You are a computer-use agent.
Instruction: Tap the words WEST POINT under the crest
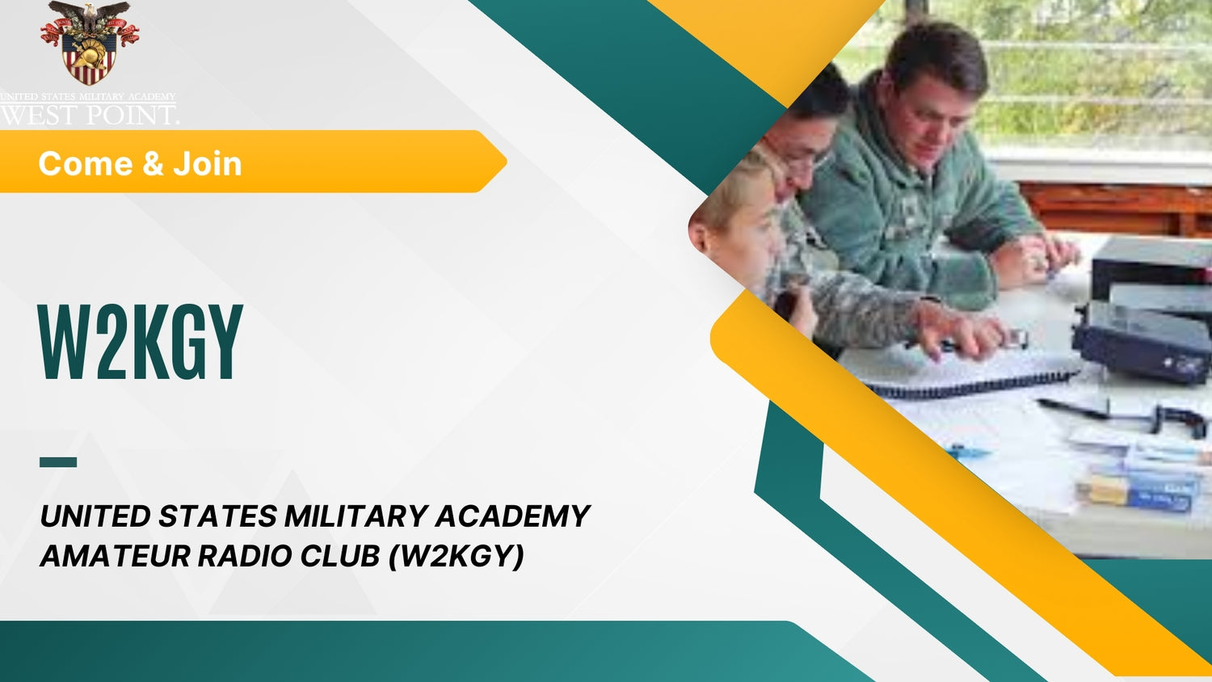click(x=89, y=115)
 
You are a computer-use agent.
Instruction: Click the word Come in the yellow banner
click(x=85, y=164)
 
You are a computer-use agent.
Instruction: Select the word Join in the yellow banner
click(x=208, y=164)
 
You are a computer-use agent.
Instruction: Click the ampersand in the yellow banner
click(x=153, y=164)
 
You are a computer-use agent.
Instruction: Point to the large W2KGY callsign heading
click(x=141, y=343)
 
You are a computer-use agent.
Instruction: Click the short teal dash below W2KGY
click(x=58, y=462)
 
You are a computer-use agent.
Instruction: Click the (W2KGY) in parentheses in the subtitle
click(x=457, y=556)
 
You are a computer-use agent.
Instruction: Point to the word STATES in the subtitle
click(x=217, y=516)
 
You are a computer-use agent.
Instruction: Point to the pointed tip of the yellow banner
click(x=504, y=162)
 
